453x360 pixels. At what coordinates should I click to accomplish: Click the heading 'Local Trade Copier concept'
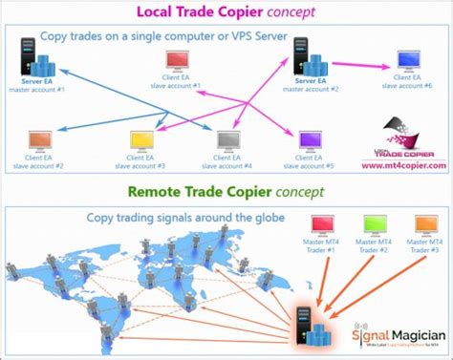[x=226, y=11]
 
